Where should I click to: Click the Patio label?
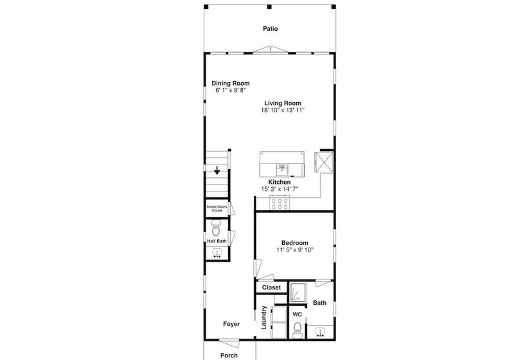point(270,28)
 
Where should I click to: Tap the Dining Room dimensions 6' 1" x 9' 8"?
point(231,90)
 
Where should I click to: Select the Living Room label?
point(283,104)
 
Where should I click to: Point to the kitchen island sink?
point(282,170)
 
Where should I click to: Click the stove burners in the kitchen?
point(280,203)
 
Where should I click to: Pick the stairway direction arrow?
point(217,170)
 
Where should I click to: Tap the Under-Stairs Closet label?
point(217,208)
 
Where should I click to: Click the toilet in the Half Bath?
point(216,228)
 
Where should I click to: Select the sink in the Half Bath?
point(217,253)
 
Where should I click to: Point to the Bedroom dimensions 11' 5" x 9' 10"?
point(295,249)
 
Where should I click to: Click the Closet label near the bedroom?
point(271,287)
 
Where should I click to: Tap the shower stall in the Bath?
point(298,292)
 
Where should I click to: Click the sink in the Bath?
point(321,332)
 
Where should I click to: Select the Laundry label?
point(264,318)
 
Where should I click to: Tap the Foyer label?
point(231,324)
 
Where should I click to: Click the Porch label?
point(229,355)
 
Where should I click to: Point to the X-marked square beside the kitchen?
point(324,162)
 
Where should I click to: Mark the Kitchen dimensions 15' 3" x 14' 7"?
point(280,189)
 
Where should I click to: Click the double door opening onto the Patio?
point(270,50)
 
